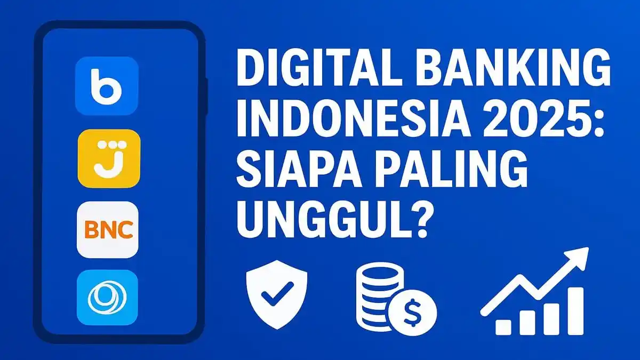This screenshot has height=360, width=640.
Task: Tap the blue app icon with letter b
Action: [107, 86]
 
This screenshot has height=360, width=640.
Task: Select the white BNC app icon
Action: [107, 230]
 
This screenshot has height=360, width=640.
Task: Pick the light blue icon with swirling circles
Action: [107, 298]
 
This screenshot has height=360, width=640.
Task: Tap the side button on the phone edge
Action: [206, 96]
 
